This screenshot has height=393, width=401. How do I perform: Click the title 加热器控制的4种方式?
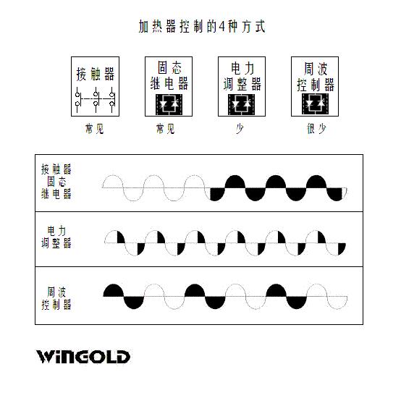(x=202, y=26)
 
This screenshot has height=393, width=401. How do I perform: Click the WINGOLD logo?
(x=83, y=356)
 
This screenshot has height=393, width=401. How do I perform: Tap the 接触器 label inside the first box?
(x=95, y=74)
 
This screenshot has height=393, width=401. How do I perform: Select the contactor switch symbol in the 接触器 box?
(x=95, y=100)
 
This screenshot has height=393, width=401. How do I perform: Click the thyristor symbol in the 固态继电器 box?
(x=169, y=104)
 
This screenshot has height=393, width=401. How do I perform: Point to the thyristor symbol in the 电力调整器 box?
(x=242, y=104)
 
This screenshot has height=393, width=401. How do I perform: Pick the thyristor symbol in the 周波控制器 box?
(x=315, y=103)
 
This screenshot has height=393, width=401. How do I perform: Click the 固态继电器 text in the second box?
(x=169, y=76)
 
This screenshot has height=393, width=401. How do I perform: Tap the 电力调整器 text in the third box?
(x=242, y=76)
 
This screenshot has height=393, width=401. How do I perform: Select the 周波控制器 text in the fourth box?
(x=316, y=77)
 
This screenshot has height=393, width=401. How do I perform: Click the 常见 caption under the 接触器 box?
(x=94, y=129)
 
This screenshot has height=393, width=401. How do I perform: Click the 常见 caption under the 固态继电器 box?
(x=166, y=129)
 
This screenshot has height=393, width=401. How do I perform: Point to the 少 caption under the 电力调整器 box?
(x=240, y=129)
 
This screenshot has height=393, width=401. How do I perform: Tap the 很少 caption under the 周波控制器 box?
(x=316, y=128)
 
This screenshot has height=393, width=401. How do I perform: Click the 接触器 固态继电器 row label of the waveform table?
(x=56, y=182)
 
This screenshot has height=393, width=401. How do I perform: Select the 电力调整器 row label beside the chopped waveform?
(x=56, y=237)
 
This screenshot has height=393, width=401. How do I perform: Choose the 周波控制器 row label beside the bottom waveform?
(x=56, y=298)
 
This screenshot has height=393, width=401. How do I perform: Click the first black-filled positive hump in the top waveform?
(x=235, y=182)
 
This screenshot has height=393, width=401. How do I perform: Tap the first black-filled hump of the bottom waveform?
(x=114, y=291)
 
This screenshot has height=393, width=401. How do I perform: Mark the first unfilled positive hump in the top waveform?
(x=112, y=182)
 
